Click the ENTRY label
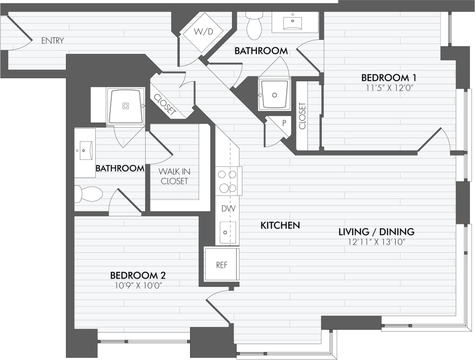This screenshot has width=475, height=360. [52, 40]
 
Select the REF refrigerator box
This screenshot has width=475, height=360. [222, 265]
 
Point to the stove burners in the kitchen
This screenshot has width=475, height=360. [228, 180]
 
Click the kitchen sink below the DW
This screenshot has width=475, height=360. [227, 231]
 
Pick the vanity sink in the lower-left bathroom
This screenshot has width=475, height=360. [85, 149]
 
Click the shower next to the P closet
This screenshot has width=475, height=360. [274, 94]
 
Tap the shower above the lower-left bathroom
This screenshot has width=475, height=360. [126, 106]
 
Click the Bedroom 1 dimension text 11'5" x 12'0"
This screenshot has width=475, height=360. [389, 88]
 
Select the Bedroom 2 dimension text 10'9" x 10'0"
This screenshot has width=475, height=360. [138, 285]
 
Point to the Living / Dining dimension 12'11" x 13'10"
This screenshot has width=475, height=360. [376, 242]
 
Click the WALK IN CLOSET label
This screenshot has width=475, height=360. [174, 176]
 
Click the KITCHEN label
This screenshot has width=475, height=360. [280, 225]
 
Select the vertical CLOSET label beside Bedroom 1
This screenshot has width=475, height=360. [302, 116]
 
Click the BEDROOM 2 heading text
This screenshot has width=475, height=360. [138, 275]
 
